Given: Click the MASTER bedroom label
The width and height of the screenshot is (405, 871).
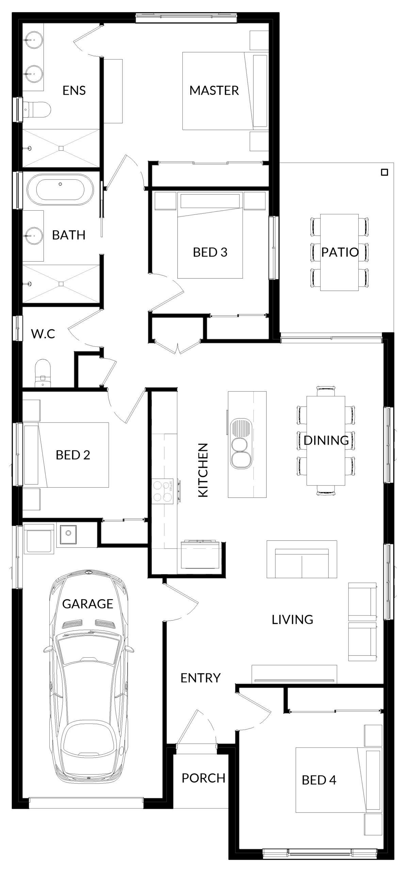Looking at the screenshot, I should click(x=214, y=91).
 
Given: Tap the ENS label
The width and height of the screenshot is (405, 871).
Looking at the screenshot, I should click(x=74, y=91).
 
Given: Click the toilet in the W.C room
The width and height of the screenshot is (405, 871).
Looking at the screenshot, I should click(x=43, y=372).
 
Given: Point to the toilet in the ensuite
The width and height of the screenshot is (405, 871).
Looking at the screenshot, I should click(x=37, y=110).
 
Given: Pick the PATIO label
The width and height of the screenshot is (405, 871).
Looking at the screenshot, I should click(x=340, y=252).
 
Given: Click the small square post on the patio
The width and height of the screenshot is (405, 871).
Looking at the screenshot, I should click(x=384, y=172).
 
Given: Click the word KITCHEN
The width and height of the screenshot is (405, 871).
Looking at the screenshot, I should click(x=203, y=471).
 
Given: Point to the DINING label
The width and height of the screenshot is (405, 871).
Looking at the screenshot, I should click(x=326, y=440).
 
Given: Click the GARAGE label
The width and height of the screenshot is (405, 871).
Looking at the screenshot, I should click(x=87, y=604).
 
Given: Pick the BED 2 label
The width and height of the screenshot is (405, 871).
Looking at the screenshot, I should click(x=73, y=455).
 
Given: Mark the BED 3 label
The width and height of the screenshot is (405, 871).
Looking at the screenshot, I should click(x=210, y=252).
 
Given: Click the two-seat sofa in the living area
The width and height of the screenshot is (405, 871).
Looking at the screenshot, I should click(x=302, y=559).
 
